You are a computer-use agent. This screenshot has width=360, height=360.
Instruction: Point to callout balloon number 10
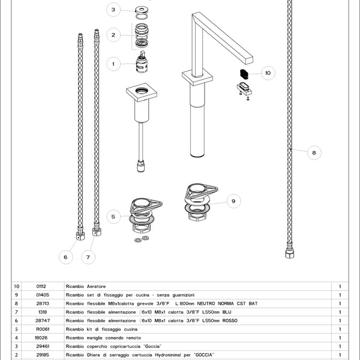268,73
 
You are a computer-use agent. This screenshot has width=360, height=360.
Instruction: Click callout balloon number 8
314,153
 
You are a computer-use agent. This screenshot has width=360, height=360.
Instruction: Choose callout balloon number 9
233,201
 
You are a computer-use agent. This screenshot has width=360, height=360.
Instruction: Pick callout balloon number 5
114,216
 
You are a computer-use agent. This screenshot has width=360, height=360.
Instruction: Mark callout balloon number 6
66,257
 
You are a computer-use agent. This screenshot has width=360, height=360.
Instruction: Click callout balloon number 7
88,257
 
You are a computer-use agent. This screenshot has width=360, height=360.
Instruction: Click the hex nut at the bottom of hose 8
289,255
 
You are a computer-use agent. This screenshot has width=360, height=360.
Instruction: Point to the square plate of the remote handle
142,94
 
